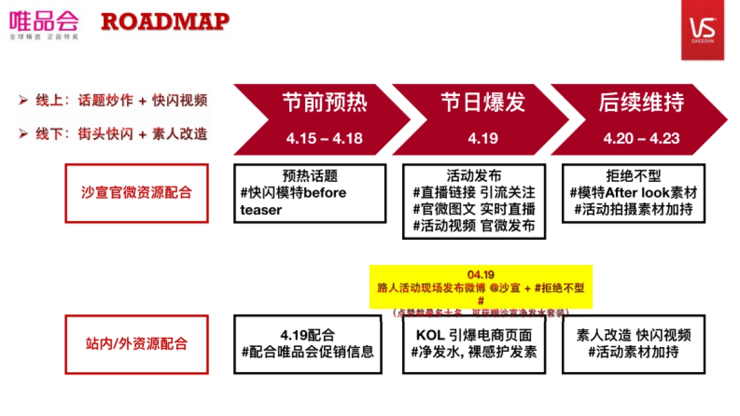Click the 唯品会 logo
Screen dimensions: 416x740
coord(44,24)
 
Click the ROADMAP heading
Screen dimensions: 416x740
coord(165,22)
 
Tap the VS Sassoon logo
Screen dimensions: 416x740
coord(702,30)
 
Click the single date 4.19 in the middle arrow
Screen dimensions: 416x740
coord(483,138)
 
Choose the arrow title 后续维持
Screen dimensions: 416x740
coord(641,102)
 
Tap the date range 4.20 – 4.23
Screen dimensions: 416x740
coord(641,138)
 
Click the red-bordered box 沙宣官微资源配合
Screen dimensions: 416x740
coord(136,193)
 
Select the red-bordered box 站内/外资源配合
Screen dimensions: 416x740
coord(136,344)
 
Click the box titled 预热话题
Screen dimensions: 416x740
coord(310,193)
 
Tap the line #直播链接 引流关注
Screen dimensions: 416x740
coord(474,192)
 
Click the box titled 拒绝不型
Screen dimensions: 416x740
coord(633,193)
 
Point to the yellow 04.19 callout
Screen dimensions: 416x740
coord(480,287)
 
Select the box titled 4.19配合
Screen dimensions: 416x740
coord(307,344)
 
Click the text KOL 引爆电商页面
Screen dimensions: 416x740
coord(474,335)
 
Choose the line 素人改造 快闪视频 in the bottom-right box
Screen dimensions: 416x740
coord(633,335)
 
